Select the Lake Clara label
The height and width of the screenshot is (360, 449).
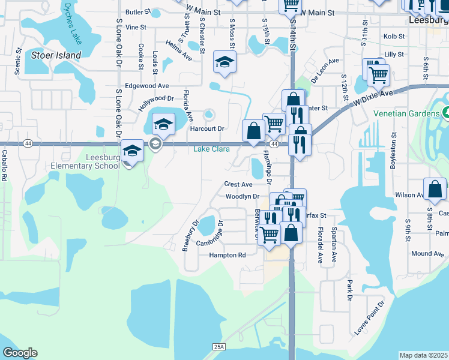tap(209, 149)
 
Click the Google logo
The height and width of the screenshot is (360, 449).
tap(20, 353)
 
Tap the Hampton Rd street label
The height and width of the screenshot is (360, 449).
tap(228, 255)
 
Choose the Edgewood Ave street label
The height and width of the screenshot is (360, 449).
tap(147, 86)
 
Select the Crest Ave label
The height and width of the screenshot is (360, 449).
tap(238, 184)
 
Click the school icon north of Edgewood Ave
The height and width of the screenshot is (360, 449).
tap(224, 62)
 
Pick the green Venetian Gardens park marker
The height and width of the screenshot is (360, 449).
tap(446, 112)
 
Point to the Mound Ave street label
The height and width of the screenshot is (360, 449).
tap(427, 254)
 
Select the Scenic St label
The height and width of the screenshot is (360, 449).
tap(19, 61)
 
